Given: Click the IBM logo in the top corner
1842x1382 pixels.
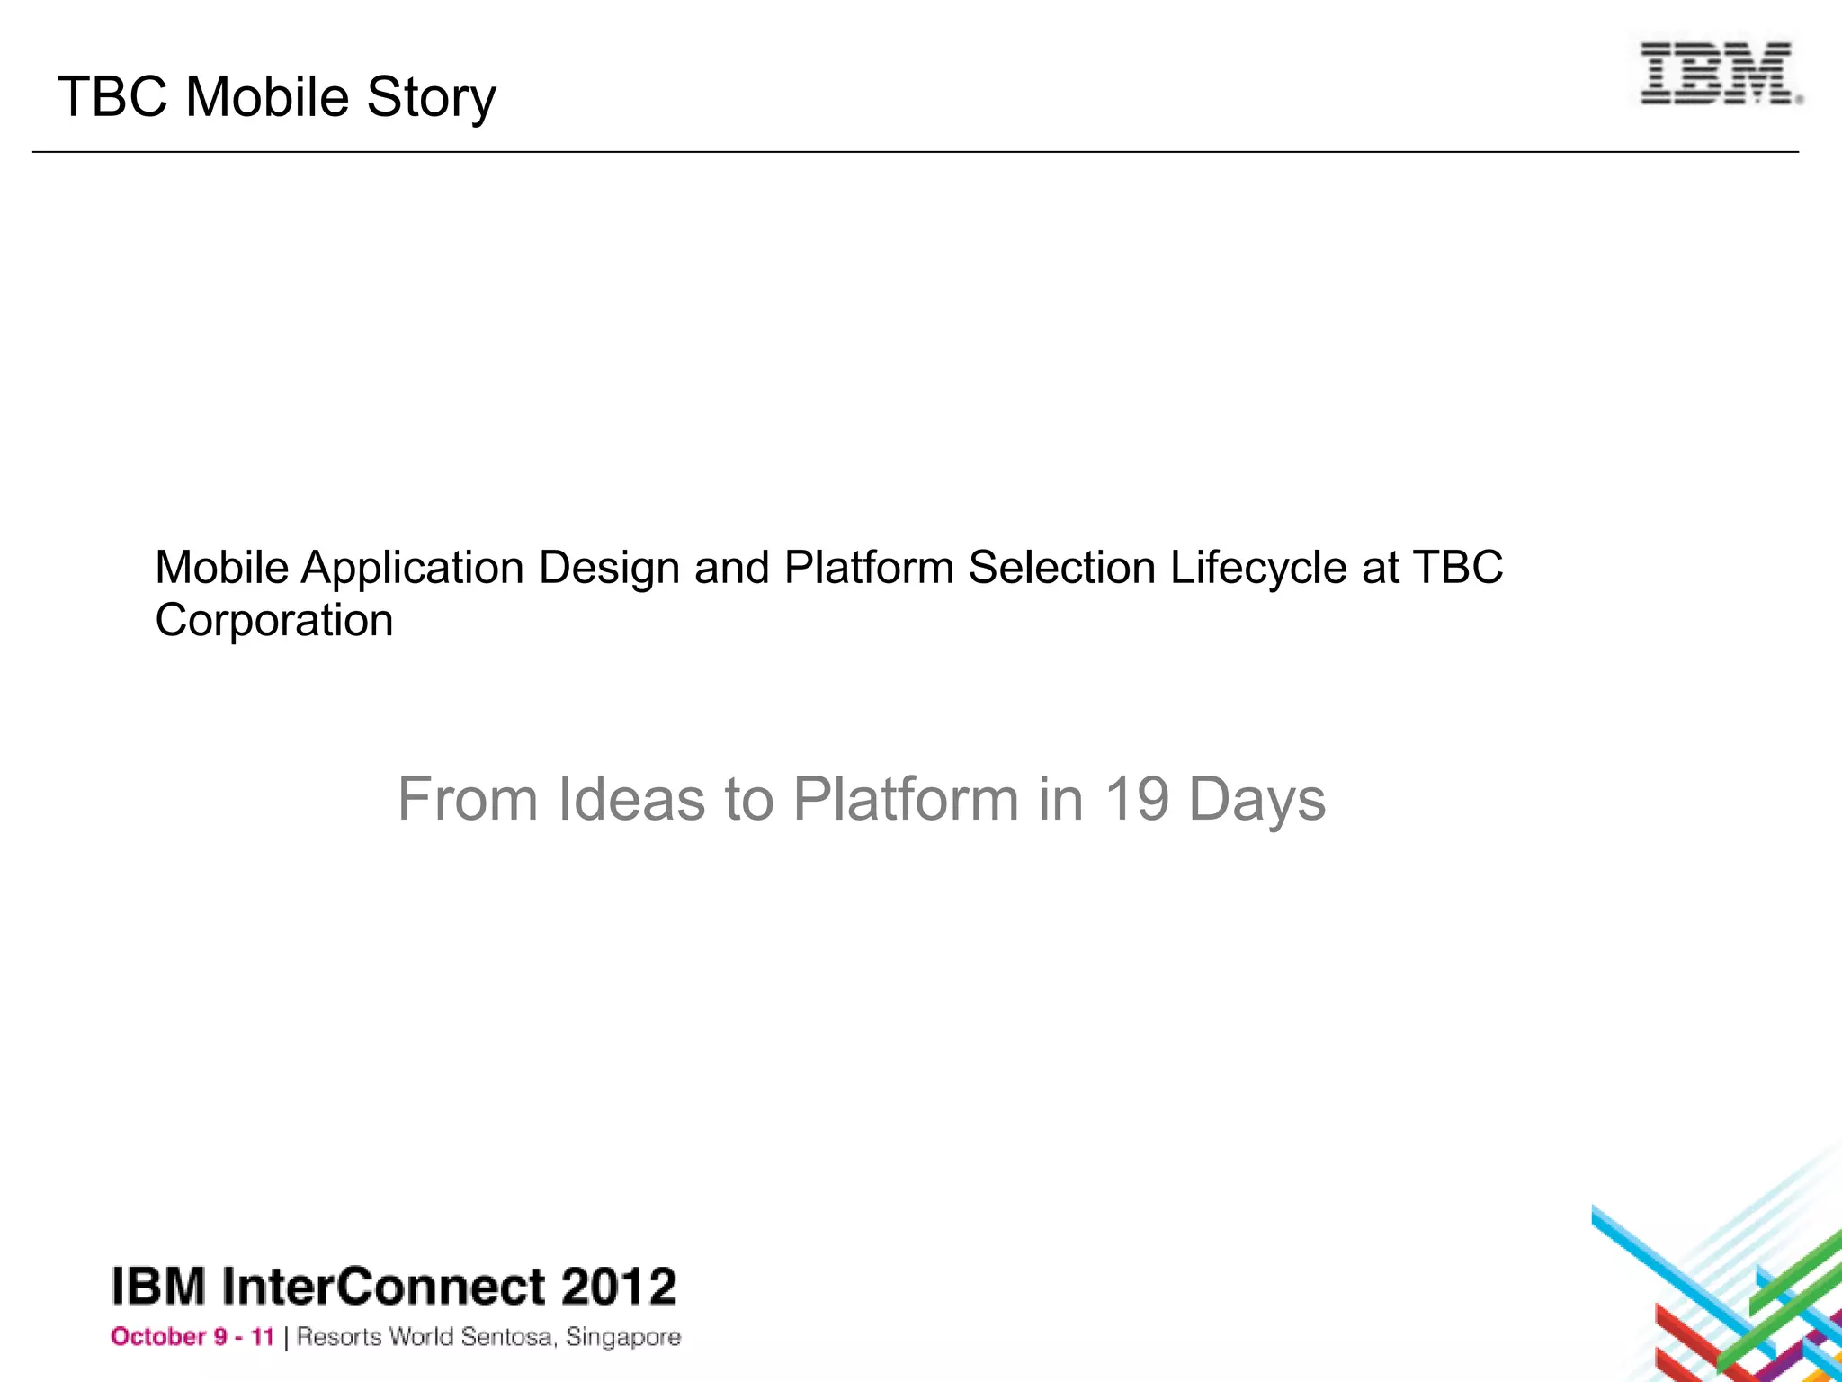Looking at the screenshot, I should tap(1720, 74).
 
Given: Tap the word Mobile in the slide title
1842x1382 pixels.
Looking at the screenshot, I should tap(266, 97).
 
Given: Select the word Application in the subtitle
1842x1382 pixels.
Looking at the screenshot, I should tap(412, 569).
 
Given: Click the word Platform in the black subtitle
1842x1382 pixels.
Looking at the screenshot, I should tap(868, 569).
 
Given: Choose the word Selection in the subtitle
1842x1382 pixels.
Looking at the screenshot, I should tap(1061, 569).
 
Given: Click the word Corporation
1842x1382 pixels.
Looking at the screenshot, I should tap(274, 621).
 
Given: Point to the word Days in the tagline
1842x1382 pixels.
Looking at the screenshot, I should tap(1256, 799).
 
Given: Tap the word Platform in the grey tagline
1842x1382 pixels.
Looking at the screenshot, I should tap(905, 799).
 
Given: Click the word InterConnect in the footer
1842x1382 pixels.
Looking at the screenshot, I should tap(382, 1287).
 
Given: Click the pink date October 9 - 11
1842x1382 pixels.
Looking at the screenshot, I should tap(192, 1337).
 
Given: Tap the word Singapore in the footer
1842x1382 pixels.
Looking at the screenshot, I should tap(623, 1338).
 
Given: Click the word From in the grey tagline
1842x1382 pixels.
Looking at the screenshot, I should tap(468, 799).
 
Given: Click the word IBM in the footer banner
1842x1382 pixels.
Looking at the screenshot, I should tap(158, 1287).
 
